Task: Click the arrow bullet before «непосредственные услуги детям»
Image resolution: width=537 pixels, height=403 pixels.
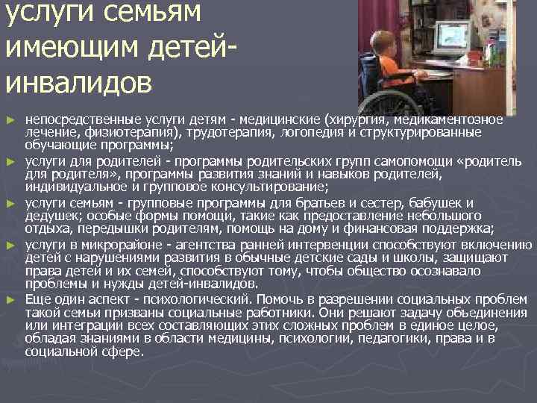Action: coord(10,119)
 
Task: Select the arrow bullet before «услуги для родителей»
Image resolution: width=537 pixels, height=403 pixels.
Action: coord(10,160)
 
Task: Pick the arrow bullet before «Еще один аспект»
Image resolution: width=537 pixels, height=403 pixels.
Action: coord(10,299)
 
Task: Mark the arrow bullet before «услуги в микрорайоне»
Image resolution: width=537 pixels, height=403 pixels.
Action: coord(10,244)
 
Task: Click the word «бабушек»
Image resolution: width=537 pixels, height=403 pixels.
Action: coord(436,202)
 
